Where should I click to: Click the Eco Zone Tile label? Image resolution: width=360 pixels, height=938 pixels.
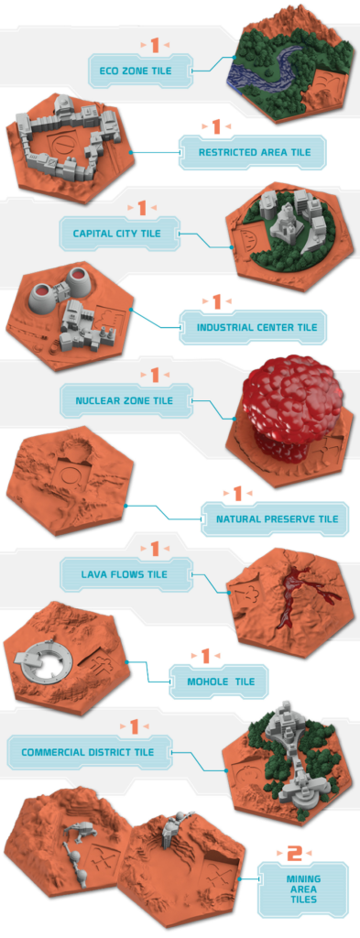point(136,71)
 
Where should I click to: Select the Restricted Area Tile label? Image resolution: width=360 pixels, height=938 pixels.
point(255,153)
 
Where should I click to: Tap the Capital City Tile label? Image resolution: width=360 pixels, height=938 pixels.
point(116,233)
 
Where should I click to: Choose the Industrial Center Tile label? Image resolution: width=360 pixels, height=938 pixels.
point(256,327)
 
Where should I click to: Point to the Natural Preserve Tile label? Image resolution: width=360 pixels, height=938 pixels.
point(277,518)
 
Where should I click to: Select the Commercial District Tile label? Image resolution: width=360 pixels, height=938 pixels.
point(87,752)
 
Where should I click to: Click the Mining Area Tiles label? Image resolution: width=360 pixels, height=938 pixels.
point(303,889)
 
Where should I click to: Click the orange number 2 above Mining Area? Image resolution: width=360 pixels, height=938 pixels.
point(295,854)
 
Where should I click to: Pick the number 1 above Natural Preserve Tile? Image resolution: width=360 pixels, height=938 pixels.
point(237,494)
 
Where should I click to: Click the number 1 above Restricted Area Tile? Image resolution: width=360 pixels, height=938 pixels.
point(216,126)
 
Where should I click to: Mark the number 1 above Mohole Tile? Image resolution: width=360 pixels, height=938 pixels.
point(205,656)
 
